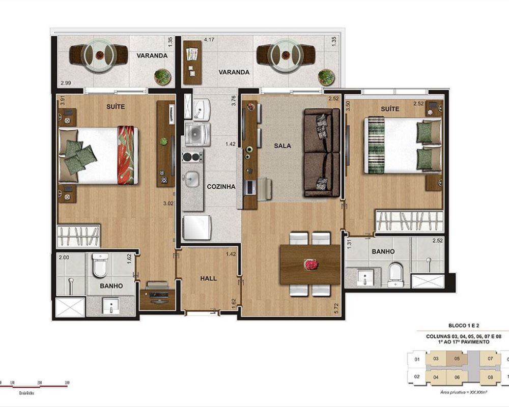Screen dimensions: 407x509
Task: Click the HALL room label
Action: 209,278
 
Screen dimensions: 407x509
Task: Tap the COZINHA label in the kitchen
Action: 221,187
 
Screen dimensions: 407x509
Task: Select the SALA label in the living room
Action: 282,146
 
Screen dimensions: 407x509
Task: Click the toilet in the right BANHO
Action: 395,275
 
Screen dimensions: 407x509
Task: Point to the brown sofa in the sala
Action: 322,153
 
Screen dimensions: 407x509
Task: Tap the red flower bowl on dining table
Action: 310,264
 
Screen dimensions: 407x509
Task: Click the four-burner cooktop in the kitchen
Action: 193,157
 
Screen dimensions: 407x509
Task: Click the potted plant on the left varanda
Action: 162,77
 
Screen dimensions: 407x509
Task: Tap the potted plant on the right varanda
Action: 325,77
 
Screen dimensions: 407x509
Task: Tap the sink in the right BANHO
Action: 366,277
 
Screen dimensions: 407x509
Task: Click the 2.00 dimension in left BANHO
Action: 63,258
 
